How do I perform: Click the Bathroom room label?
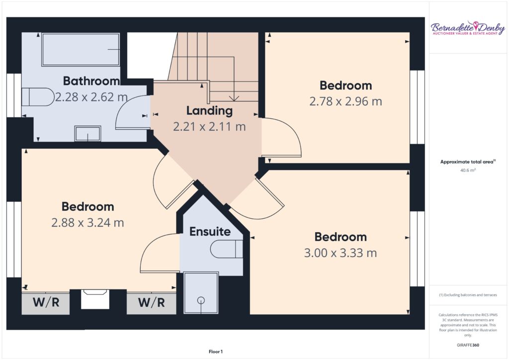(91, 81)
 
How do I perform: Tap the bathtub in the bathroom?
(81, 50)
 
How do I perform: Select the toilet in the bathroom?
(38, 97)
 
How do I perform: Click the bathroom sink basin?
(87, 133)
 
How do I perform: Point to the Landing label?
(209, 111)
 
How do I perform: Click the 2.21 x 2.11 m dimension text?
(209, 127)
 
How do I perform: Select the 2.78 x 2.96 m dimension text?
(346, 101)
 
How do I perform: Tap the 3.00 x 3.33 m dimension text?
(340, 253)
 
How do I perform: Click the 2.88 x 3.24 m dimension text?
(87, 223)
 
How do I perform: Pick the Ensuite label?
(210, 231)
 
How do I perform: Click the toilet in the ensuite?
(227, 249)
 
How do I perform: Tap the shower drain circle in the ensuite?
(201, 301)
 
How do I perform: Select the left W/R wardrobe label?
(46, 302)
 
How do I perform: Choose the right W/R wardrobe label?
(151, 302)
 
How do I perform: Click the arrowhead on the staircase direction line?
(234, 98)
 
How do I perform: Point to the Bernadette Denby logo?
(468, 28)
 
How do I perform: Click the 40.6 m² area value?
(468, 170)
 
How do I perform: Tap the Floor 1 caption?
(216, 352)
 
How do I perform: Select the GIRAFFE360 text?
(468, 345)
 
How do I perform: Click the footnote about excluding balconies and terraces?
(468, 295)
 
